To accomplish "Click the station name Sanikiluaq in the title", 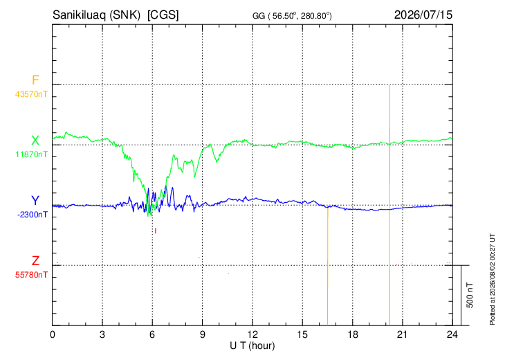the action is pyautogui.click(x=80, y=15).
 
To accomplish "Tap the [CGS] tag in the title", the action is pyautogui.click(x=163, y=15).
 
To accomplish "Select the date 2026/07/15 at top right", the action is pyautogui.click(x=423, y=15).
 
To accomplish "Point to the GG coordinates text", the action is pyautogui.click(x=292, y=16).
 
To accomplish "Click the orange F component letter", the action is pyautogui.click(x=35, y=80).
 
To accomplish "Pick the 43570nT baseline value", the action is pyautogui.click(x=31, y=94).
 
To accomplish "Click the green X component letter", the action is pyautogui.click(x=35, y=141).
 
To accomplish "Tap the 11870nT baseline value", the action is pyautogui.click(x=32, y=154).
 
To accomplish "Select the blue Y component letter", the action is pyautogui.click(x=35, y=201).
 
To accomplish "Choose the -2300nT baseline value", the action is pyautogui.click(x=33, y=215).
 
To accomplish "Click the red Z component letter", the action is pyautogui.click(x=35, y=260).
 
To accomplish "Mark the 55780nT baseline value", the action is pyautogui.click(x=31, y=275).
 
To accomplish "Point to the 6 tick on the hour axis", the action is pyautogui.click(x=152, y=335).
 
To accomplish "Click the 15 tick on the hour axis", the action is pyautogui.click(x=302, y=335).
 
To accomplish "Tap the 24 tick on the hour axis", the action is pyautogui.click(x=452, y=335).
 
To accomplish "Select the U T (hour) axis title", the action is pyautogui.click(x=252, y=346).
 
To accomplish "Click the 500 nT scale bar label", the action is pyautogui.click(x=470, y=295).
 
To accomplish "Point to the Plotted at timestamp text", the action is pyautogui.click(x=492, y=280).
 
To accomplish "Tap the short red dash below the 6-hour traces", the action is pyautogui.click(x=156, y=231).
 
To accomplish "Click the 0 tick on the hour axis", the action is pyautogui.click(x=53, y=335).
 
